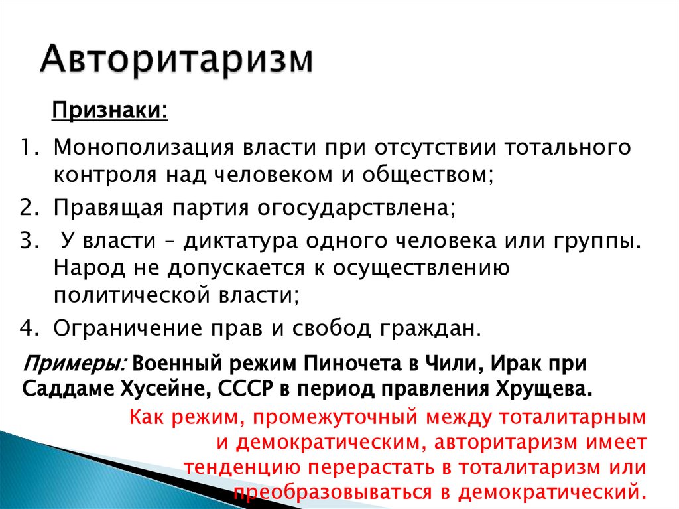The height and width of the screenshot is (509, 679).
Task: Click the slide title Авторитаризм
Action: [176, 60]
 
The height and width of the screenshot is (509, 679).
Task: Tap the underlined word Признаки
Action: [110, 108]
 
